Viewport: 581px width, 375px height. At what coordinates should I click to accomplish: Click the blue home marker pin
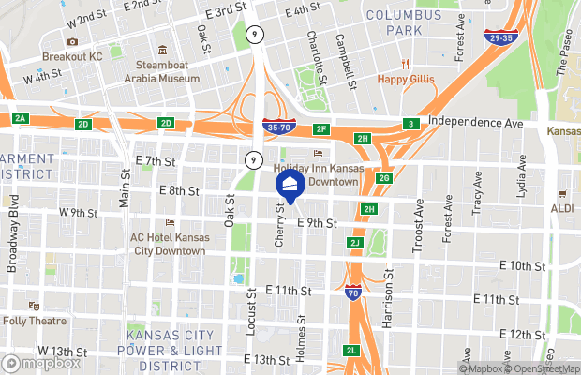(290, 187)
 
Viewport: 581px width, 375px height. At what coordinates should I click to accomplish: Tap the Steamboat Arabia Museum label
(168, 71)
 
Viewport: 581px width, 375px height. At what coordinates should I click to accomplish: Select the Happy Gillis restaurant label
(406, 79)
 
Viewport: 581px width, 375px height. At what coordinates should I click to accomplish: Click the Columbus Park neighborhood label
(403, 22)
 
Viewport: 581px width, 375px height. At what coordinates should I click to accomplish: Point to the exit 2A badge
(21, 118)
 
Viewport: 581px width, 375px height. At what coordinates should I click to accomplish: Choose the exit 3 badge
(410, 124)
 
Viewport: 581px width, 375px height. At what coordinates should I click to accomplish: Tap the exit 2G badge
(383, 178)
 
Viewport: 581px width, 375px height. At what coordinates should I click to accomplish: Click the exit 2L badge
(350, 351)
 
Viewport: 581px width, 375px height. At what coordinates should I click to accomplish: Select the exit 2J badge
(354, 243)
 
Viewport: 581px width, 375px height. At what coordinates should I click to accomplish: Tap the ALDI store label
(562, 208)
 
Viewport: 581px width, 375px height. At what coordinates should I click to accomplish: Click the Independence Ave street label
(474, 123)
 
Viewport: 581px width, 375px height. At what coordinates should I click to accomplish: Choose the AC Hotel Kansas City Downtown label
(168, 244)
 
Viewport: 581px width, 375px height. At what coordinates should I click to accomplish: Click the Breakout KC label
(71, 57)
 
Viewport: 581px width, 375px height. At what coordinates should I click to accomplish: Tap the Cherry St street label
(279, 227)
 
